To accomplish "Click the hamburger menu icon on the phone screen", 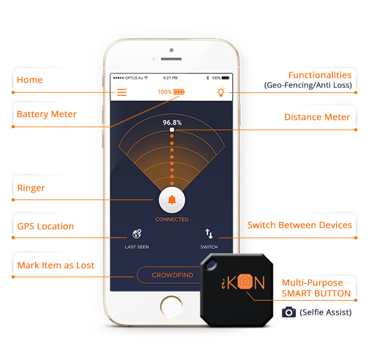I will (x=122, y=92).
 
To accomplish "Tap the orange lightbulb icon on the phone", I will (x=221, y=92).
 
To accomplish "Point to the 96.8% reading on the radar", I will (x=172, y=122).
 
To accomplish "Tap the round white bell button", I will (x=172, y=200).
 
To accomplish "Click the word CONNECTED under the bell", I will (x=172, y=220).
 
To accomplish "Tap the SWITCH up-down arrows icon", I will (x=209, y=234).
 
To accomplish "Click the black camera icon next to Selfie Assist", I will (x=289, y=312).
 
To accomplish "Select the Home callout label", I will (x=29, y=80).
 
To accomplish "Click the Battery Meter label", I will (x=46, y=114).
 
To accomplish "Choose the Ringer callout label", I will (x=31, y=188).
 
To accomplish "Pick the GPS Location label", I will (x=45, y=226).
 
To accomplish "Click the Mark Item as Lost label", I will (x=55, y=265).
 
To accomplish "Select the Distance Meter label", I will (x=317, y=117).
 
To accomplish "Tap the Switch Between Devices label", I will (x=299, y=225).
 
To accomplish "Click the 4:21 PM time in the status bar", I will (x=170, y=78).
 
